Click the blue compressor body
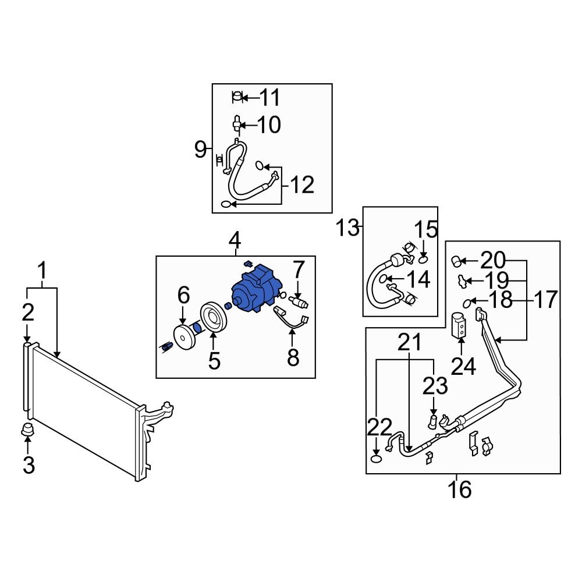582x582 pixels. (256, 289)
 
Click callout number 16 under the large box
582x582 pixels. (460, 489)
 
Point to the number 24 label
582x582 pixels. (463, 367)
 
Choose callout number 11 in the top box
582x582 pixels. (269, 98)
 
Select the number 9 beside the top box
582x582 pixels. (201, 150)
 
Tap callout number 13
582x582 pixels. (347, 228)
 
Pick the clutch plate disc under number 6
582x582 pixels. (183, 338)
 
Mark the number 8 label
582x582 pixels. (293, 357)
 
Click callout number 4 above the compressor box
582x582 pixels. (235, 239)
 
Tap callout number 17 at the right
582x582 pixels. (545, 300)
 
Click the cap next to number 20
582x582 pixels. (457, 260)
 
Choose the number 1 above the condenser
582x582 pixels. (42, 271)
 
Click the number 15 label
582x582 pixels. (425, 229)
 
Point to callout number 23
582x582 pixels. (435, 385)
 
